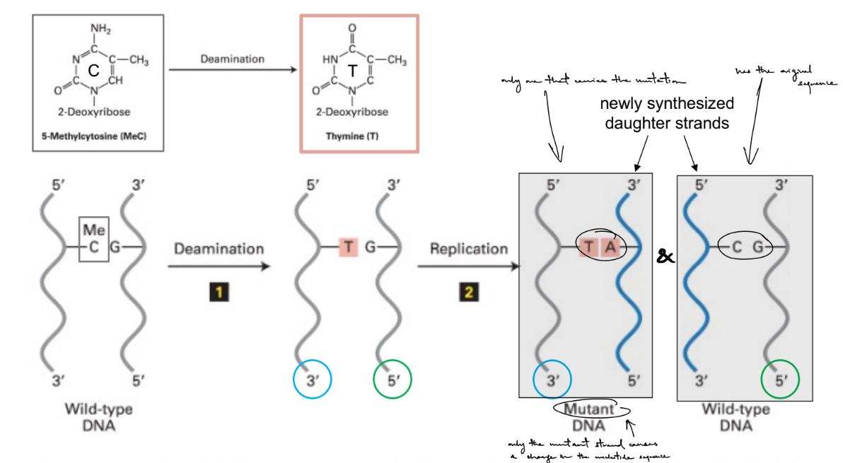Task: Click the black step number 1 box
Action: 219,292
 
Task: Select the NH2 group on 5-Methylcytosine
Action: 100,28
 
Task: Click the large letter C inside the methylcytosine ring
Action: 93,70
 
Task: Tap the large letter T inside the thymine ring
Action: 351,70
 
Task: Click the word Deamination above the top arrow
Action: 232,59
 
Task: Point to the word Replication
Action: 468,249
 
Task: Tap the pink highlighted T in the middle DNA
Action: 349,247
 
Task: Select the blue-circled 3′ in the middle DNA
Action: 312,381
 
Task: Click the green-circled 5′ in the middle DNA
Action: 392,381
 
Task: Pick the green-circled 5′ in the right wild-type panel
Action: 780,381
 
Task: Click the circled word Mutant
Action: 589,409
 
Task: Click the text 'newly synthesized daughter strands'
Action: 667,112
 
